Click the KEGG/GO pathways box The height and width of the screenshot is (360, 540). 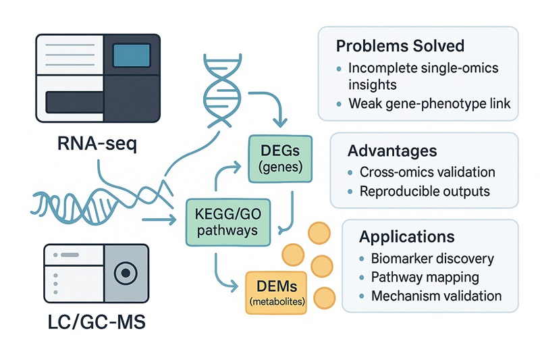tap(223, 221)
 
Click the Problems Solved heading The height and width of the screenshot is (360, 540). tap(400, 46)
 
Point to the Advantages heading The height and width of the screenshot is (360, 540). tap(391, 150)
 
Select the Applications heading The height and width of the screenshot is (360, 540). tap(406, 237)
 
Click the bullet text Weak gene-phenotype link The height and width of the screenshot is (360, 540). tap(430, 103)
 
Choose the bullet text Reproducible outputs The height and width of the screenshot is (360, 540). tap(425, 192)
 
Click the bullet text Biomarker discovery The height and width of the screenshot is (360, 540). tap(433, 259)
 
